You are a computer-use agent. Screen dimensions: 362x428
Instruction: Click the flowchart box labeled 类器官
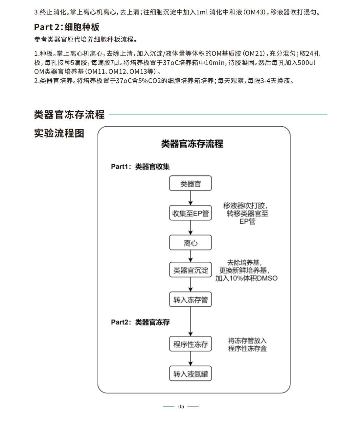tap(190, 183)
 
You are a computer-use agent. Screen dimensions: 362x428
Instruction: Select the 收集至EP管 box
tap(190, 213)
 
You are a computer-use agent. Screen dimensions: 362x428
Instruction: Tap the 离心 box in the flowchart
tap(190, 243)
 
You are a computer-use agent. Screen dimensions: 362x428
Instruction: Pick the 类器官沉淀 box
tap(190, 270)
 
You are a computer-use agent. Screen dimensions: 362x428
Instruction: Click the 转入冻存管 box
tap(190, 299)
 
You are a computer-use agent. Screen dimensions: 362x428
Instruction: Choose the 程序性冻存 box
tap(190, 344)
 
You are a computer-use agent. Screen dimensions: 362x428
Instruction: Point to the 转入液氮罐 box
tap(190, 374)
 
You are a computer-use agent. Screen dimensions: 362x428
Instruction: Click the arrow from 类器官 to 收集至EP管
tap(191, 198)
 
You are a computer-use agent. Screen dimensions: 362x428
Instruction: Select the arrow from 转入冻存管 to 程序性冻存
tap(191, 322)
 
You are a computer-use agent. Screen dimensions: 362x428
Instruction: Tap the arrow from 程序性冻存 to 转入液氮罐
tap(191, 359)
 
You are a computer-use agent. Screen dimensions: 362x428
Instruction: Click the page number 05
tap(181, 407)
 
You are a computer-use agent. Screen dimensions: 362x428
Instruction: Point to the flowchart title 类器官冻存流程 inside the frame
tap(192, 144)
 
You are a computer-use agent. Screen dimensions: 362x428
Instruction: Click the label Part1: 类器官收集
tap(140, 167)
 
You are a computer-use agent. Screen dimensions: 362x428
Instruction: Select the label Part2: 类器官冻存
tap(140, 322)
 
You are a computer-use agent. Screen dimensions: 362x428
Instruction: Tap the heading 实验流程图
tap(59, 133)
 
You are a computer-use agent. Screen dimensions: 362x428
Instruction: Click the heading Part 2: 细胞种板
tap(67, 27)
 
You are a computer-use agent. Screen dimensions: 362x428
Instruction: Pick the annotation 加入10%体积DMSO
tap(246, 278)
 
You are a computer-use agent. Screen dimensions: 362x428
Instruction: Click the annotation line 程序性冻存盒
tap(247, 348)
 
